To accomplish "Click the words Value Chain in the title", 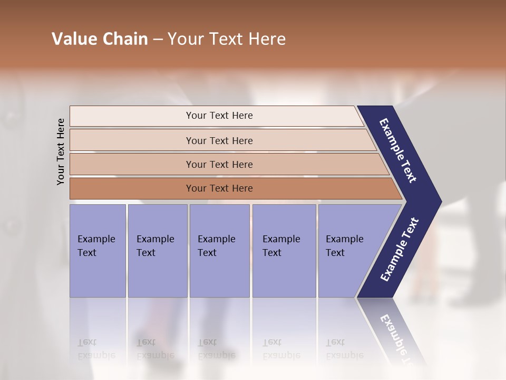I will tap(100, 39).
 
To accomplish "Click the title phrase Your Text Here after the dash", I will tap(227, 39).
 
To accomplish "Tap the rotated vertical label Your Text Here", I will tap(61, 151).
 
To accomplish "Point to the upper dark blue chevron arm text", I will tap(398, 150).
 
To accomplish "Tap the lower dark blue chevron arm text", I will tap(400, 249).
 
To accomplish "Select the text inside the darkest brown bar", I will tap(219, 188).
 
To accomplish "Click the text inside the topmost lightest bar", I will tap(219, 116).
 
